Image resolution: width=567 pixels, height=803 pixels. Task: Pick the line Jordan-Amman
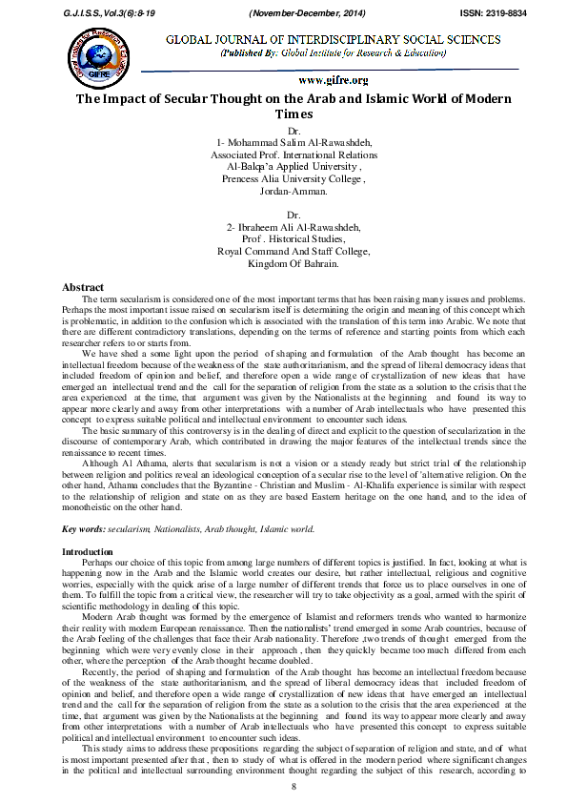286,190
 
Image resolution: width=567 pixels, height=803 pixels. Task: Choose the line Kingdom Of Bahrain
287,263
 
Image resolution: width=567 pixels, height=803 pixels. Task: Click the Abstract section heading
83,287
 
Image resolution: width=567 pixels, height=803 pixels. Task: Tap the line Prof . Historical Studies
287,240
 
